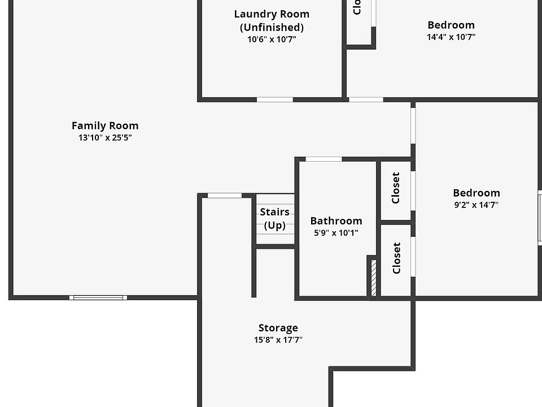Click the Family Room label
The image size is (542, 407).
tap(105, 125)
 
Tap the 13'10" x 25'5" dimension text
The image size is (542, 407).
tap(105, 137)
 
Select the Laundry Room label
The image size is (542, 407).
tap(272, 14)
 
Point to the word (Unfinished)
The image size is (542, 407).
tap(272, 27)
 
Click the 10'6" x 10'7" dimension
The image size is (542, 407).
tap(272, 39)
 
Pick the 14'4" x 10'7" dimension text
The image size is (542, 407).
tap(451, 37)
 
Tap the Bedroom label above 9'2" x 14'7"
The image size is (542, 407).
tap(477, 193)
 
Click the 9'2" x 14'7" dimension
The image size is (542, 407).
tap(477, 205)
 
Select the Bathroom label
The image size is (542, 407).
tap(336, 220)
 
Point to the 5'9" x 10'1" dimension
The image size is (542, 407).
tap(336, 232)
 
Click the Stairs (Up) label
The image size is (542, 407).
tap(275, 219)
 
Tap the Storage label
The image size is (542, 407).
tap(278, 328)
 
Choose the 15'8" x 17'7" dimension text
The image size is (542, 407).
tap(278, 340)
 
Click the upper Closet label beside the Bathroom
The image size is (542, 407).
tap(396, 188)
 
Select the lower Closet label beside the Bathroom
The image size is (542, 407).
tap(396, 258)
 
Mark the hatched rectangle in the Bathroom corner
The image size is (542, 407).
tap(373, 278)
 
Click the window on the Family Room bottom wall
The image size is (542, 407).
tap(98, 297)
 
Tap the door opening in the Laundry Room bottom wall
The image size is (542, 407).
tap(275, 99)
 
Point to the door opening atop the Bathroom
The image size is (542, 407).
tap(324, 159)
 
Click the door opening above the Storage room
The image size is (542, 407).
tap(224, 196)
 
